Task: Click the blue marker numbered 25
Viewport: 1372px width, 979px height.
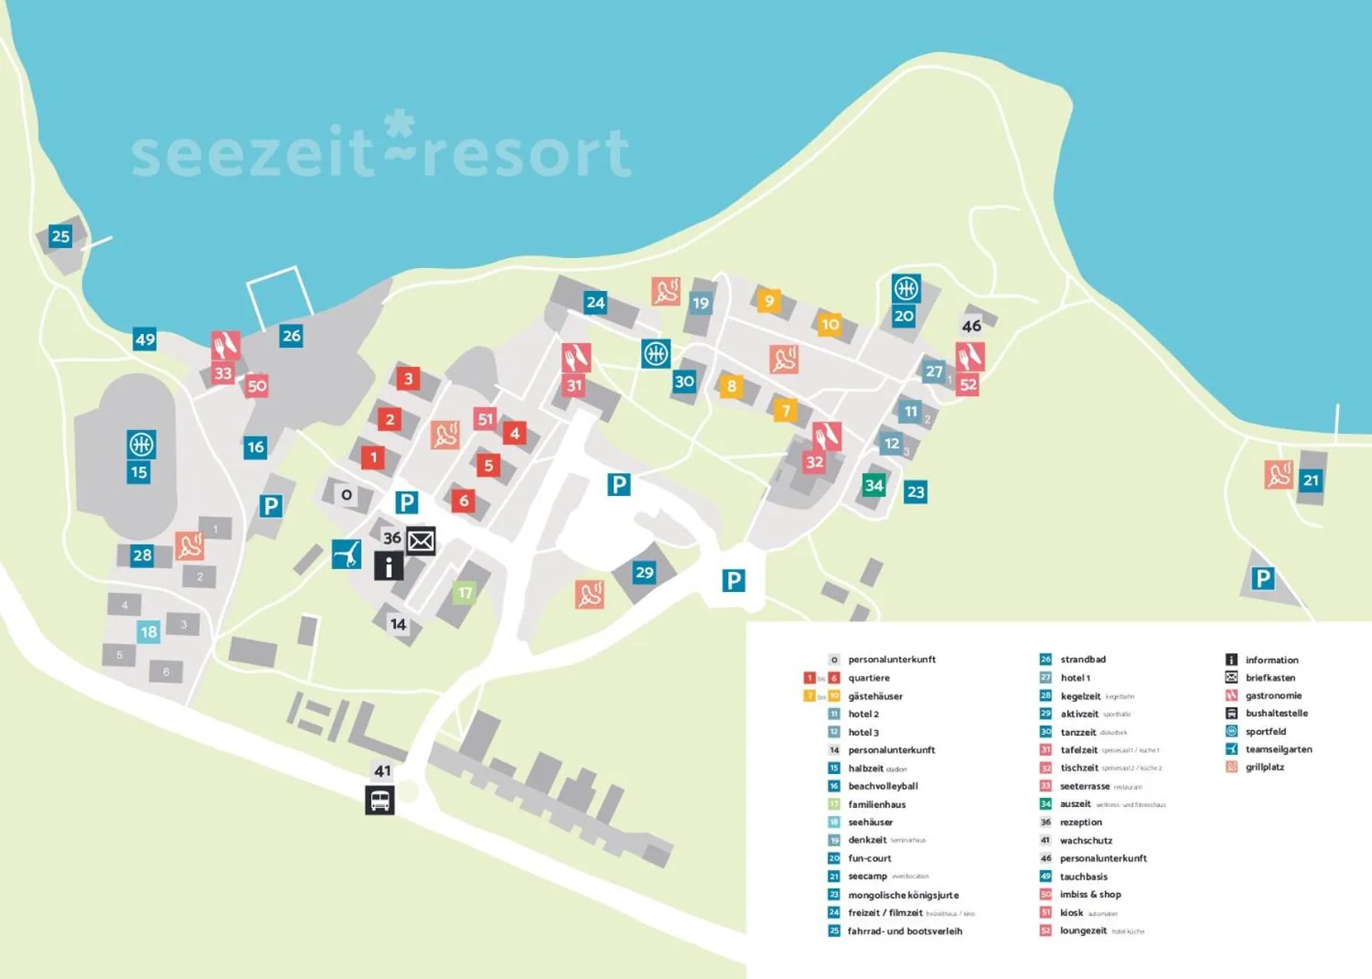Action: point(60,236)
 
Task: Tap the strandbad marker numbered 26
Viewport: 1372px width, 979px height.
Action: point(291,336)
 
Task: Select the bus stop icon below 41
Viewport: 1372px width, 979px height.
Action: point(379,800)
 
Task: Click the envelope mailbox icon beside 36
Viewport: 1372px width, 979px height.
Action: point(421,541)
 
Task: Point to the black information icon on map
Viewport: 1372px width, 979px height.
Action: point(388,567)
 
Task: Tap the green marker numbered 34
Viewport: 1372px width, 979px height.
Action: point(874,485)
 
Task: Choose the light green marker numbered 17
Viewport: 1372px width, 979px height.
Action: point(464,593)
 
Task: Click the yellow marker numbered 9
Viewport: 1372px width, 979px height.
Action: point(769,300)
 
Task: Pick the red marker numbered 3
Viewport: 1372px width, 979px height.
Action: point(408,378)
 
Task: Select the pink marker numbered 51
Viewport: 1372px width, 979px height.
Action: point(485,419)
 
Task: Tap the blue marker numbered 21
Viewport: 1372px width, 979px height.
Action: point(1311,481)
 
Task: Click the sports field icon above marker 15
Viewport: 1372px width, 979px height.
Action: point(141,444)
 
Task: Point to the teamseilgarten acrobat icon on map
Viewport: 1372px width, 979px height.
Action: point(346,554)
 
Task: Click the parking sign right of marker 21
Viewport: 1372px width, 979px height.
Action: point(1262,578)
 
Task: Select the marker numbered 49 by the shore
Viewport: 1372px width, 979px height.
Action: point(144,339)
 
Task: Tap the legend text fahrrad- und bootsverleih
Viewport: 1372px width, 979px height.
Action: point(904,931)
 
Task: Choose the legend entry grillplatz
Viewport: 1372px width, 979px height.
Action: point(1264,767)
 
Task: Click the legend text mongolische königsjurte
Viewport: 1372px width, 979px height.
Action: point(903,895)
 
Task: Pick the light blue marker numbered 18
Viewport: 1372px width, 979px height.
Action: point(148,632)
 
